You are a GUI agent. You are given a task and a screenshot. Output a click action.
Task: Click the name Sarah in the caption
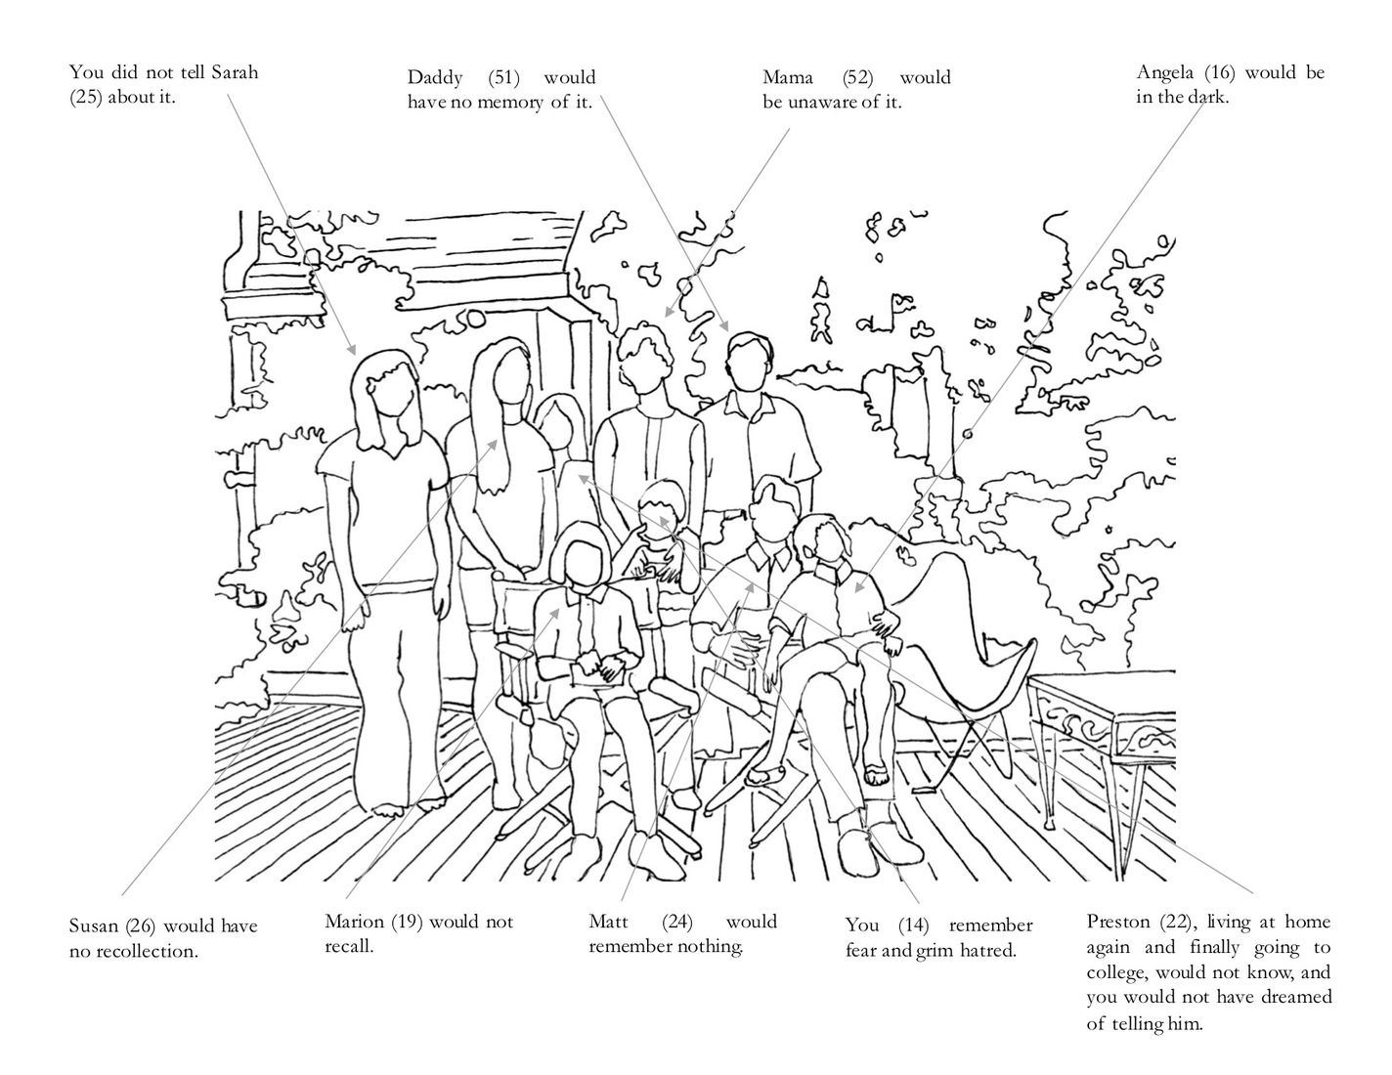click(236, 72)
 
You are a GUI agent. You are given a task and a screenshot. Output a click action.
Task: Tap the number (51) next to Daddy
click(503, 77)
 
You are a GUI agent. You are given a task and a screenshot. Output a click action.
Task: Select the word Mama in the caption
click(787, 77)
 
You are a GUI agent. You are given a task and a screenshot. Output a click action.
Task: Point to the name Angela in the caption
click(1164, 73)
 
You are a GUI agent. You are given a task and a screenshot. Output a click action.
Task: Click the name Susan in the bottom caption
click(94, 925)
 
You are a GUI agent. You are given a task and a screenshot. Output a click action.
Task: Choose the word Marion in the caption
click(355, 922)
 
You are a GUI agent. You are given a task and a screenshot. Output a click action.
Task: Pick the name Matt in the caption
click(609, 922)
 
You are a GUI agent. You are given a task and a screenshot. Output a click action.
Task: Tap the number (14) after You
click(913, 925)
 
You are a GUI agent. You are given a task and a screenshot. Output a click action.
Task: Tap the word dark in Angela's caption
click(1204, 98)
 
